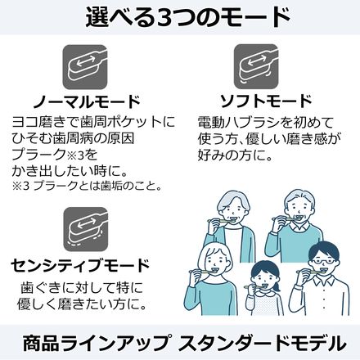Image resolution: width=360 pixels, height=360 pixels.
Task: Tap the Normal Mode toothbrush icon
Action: (x=85, y=67)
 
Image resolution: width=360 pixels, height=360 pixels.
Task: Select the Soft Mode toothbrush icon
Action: (x=256, y=67)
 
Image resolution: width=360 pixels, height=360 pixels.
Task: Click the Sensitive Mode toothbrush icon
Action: (x=86, y=228)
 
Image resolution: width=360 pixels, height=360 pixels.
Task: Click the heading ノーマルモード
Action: (x=87, y=101)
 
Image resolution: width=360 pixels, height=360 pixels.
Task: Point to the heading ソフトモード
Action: (x=266, y=101)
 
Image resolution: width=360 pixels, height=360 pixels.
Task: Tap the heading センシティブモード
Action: (x=80, y=265)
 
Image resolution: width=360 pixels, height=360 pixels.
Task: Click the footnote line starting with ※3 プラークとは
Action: (x=87, y=187)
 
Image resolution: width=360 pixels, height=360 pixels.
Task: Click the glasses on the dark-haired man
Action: (x=322, y=261)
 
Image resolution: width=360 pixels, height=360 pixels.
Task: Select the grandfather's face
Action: (x=298, y=211)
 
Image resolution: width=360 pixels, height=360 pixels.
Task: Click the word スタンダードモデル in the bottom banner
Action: (x=262, y=342)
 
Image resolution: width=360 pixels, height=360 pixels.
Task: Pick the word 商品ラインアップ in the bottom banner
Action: (x=96, y=342)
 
